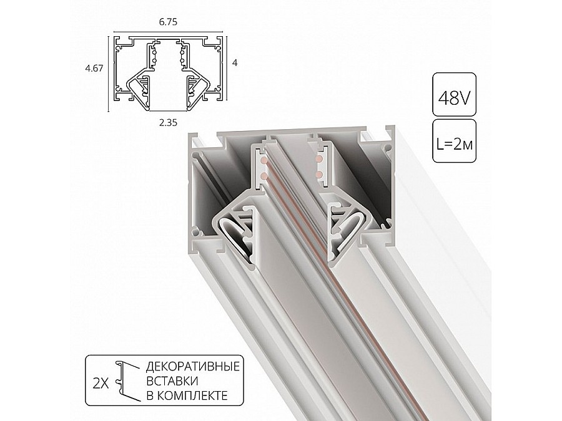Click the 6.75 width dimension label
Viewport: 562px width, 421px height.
click(x=168, y=22)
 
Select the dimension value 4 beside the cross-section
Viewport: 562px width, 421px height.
click(x=235, y=62)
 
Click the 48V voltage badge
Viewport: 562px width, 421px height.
click(x=454, y=95)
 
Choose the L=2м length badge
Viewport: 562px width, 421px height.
click(x=454, y=141)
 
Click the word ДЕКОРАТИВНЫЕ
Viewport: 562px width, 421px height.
click(x=193, y=367)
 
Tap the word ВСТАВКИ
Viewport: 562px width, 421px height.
click(x=172, y=381)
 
